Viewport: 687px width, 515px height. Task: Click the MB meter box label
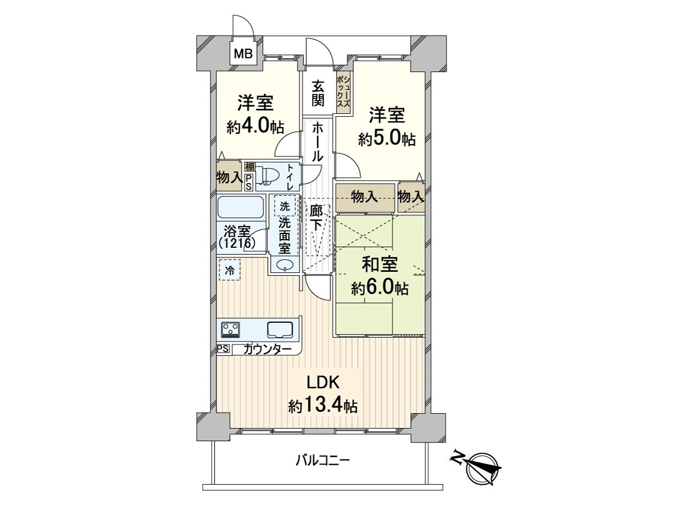244,54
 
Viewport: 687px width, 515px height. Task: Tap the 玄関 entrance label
318,94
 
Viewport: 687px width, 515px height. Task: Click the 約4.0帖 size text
255,126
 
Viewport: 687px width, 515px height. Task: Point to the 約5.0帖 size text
387,138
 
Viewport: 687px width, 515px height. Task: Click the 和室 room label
380,264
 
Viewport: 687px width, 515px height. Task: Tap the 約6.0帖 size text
380,288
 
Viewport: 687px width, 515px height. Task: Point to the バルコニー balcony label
323,460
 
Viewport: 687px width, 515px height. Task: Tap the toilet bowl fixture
266,176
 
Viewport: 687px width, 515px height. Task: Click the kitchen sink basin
280,330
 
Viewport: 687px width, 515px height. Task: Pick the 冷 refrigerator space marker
230,270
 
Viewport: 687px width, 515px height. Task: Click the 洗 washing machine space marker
285,205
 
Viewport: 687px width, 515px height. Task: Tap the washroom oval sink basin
284,265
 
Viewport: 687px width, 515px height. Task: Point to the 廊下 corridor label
317,217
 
